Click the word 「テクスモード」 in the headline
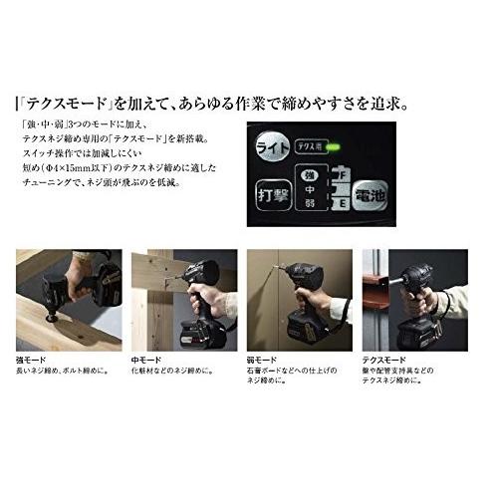coord(75,103)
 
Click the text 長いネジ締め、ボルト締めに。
coord(66,372)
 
